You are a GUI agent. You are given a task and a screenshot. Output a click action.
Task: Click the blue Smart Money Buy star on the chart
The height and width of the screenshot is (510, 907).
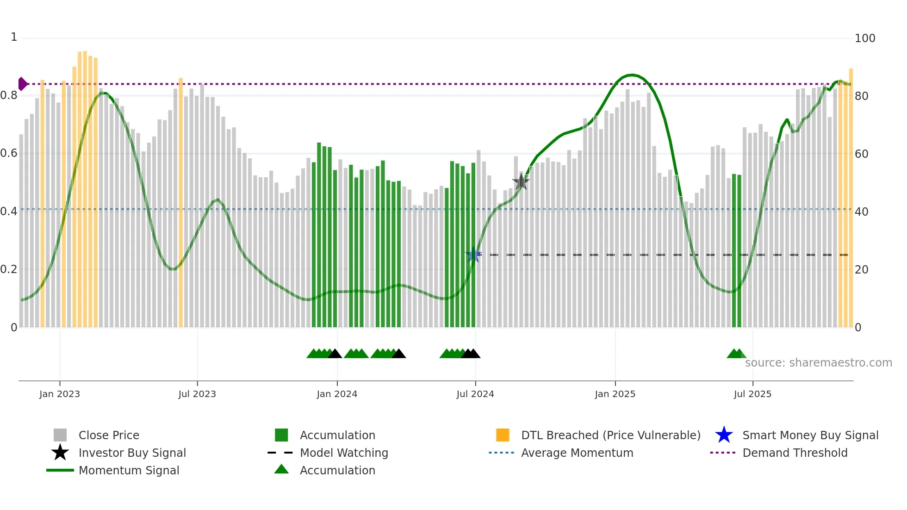point(473,255)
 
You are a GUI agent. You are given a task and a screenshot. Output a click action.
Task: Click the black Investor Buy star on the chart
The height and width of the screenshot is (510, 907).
point(521,182)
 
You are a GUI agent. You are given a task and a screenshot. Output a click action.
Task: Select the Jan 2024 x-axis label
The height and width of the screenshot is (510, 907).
point(337,394)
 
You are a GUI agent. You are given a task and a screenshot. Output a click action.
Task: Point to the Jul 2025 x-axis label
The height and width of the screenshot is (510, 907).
point(752,394)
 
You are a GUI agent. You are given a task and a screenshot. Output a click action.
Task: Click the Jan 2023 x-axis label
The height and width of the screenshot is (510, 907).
point(60,394)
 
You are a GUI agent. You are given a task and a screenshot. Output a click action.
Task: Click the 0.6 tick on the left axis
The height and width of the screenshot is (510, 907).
point(9,153)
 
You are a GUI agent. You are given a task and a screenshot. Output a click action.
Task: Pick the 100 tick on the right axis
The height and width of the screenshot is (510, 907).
point(864,38)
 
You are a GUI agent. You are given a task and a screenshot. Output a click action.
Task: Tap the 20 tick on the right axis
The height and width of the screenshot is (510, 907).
point(861,269)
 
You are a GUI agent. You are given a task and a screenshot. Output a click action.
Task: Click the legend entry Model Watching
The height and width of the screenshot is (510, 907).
point(343,453)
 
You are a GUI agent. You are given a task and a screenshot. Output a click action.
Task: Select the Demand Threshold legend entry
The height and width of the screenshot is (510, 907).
point(795,453)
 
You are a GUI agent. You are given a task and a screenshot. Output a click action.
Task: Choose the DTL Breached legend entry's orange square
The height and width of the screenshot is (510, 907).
point(503,435)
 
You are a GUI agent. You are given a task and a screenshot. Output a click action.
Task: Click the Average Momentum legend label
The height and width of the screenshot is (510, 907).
point(577,453)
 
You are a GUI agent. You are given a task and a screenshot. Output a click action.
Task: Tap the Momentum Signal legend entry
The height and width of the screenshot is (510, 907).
point(129,470)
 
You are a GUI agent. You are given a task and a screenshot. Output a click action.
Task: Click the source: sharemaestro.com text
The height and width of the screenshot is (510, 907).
point(818,363)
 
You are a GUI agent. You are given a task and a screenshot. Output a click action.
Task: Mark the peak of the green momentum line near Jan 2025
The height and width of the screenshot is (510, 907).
point(631,75)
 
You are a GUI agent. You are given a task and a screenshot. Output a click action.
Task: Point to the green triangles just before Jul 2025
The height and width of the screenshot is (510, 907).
point(736,354)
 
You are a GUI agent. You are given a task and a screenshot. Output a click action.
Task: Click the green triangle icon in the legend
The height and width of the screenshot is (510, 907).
point(281,469)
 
